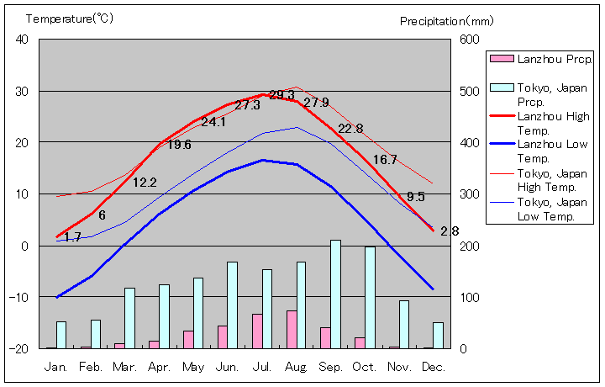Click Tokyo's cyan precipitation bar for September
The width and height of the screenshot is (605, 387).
335,294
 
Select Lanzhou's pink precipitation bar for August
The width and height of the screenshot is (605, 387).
292,329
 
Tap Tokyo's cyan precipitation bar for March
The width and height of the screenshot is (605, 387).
129,318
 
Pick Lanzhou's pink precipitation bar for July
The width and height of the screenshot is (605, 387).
257,331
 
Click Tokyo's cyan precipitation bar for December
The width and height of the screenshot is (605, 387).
438,335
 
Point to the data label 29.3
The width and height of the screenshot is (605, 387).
281,95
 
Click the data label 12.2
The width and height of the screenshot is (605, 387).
145,182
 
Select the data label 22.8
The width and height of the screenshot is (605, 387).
350,129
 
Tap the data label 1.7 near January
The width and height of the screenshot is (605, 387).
72,237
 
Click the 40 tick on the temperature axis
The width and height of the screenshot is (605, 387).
22,40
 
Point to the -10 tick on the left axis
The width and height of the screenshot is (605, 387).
18,297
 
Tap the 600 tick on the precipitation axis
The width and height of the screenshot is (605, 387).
469,40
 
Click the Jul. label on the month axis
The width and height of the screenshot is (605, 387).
262,367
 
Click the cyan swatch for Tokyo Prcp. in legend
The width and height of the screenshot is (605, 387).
502,87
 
